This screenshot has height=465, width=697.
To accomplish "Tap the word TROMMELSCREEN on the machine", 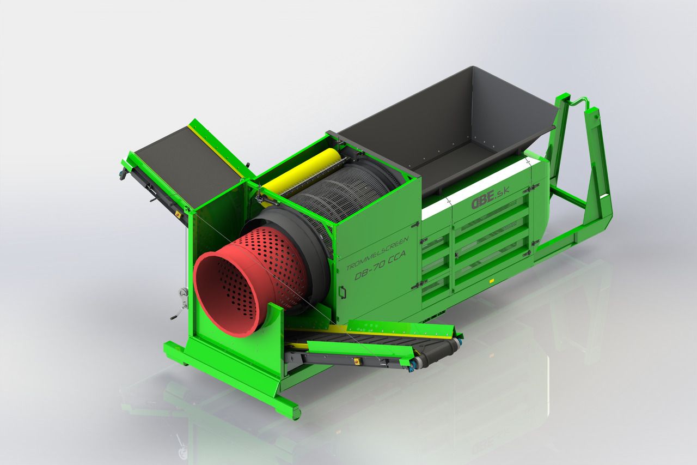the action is pos(377,253).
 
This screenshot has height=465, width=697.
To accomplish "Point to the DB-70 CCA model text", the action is pos(380,265).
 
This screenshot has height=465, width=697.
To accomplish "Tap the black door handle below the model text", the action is pos(343,292).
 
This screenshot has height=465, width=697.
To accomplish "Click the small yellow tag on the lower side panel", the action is pos(491,281).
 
